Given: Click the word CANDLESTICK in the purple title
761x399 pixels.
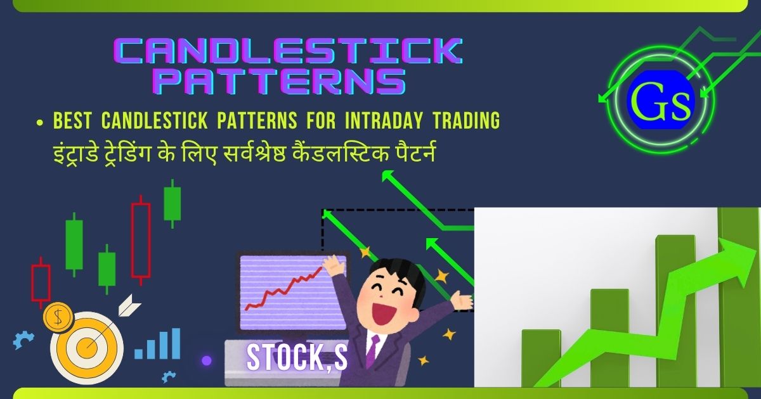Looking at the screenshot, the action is click(x=288, y=51).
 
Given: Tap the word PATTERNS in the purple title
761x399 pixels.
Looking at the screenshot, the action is click(x=279, y=82).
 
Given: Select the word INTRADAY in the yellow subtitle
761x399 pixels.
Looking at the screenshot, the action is click(x=384, y=120).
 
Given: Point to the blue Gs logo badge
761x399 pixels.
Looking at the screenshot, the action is click(x=661, y=100).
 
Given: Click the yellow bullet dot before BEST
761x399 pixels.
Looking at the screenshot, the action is click(x=40, y=123).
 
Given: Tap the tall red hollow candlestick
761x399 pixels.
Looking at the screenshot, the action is click(x=141, y=240).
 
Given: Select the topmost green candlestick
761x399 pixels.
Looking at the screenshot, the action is click(x=172, y=203).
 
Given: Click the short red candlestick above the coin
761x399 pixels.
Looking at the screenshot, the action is click(x=41, y=282).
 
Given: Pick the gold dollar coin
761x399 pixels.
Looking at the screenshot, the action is click(x=58, y=317).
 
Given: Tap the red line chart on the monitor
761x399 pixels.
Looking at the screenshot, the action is click(x=283, y=289).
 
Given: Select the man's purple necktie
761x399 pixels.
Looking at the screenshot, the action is click(x=373, y=350).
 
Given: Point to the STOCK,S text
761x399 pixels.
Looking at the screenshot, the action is click(x=297, y=358).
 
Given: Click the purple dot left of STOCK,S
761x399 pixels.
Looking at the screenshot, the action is click(x=207, y=360).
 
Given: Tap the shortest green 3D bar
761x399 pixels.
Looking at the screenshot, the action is click(x=541, y=358).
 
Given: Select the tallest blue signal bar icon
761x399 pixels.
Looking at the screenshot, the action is click(x=175, y=343).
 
